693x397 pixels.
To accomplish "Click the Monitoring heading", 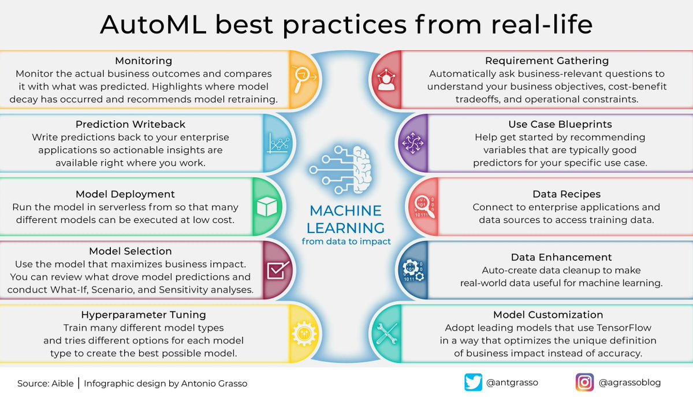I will tap(143, 61).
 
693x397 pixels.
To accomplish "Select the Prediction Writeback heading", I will tap(130, 125).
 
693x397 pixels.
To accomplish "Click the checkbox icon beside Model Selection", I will tap(278, 270).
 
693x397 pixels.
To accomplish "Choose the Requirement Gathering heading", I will tap(547, 61).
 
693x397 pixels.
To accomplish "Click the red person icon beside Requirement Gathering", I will tap(385, 80).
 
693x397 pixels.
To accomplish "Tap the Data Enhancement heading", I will tap(561, 257).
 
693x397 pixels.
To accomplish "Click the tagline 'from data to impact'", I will tap(346, 241).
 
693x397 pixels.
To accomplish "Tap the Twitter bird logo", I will tap(473, 382).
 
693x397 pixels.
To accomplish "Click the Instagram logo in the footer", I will tap(584, 382).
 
